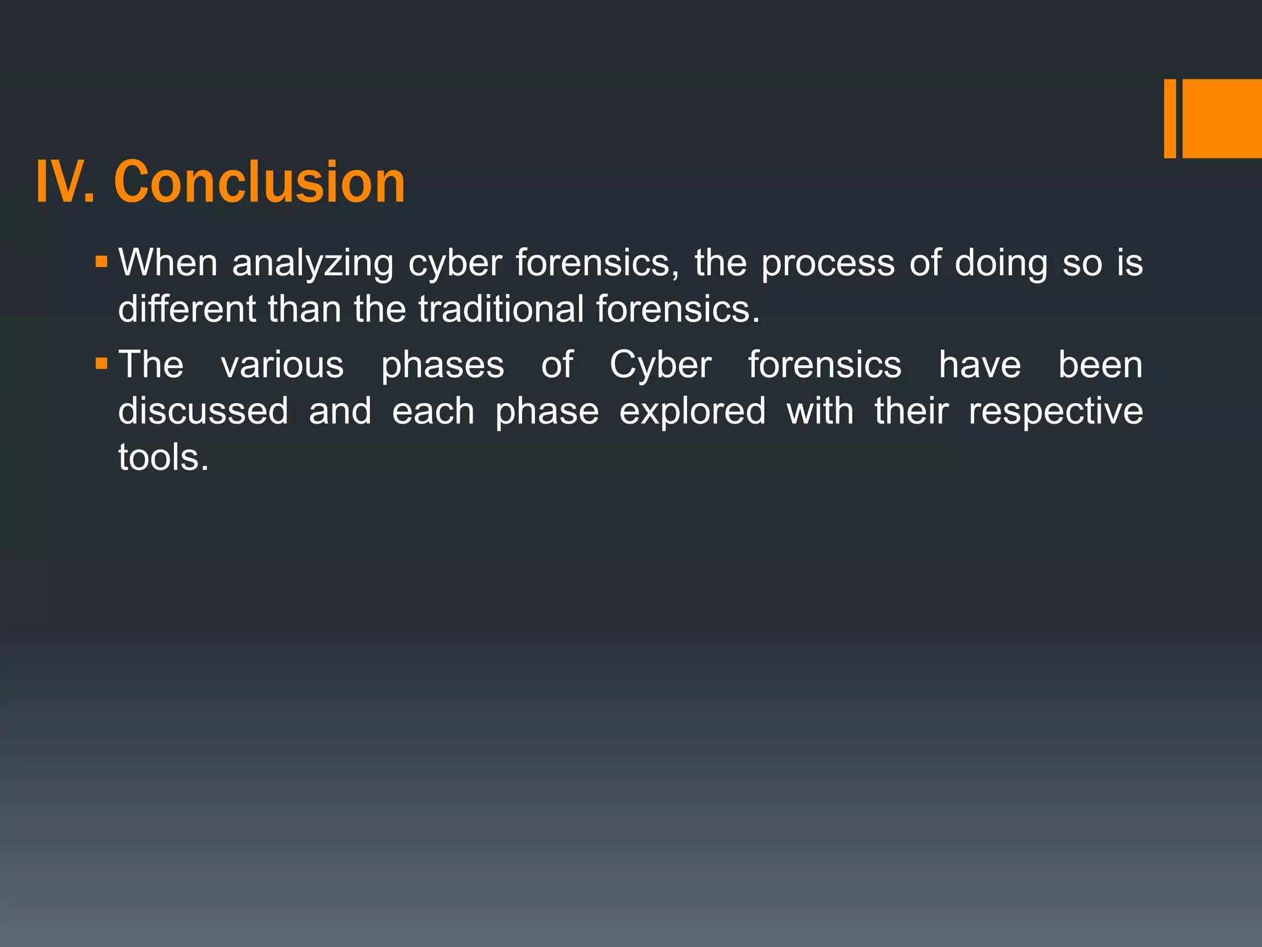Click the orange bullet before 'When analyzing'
102,262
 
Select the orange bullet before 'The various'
102,364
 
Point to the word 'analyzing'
312,264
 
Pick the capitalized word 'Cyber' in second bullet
661,365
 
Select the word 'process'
828,264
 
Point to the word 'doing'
1001,264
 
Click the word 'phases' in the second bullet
442,365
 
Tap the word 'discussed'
203,411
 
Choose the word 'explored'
693,411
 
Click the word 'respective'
1056,411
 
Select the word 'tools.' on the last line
163,457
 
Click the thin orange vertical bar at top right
1170,118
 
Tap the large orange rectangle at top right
1222,118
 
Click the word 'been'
1100,365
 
